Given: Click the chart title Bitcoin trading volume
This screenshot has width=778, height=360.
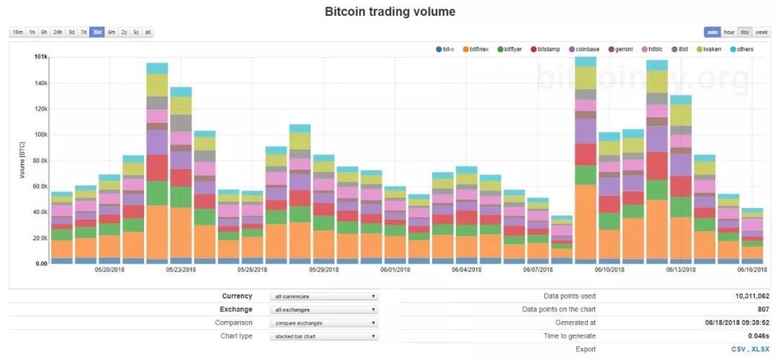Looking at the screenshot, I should pyautogui.click(x=390, y=12).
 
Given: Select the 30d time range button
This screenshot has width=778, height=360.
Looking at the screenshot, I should pyautogui.click(x=97, y=32).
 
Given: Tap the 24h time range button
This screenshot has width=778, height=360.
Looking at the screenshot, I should pyautogui.click(x=58, y=32).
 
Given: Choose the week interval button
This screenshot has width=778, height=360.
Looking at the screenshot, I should pyautogui.click(x=761, y=32).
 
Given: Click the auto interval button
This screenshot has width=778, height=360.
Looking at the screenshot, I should pyautogui.click(x=712, y=32).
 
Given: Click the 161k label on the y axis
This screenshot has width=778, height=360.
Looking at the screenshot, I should pyautogui.click(x=40, y=56).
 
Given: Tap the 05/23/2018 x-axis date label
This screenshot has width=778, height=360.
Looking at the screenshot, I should pyautogui.click(x=181, y=270).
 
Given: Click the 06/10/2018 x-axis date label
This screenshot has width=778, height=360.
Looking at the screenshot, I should pyautogui.click(x=609, y=270).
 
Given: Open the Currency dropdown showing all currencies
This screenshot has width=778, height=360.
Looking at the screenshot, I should pyautogui.click(x=323, y=296).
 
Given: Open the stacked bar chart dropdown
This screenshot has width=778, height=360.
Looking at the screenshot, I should pyautogui.click(x=323, y=336).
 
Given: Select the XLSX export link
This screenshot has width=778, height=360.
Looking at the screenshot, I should pyautogui.click(x=761, y=349).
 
